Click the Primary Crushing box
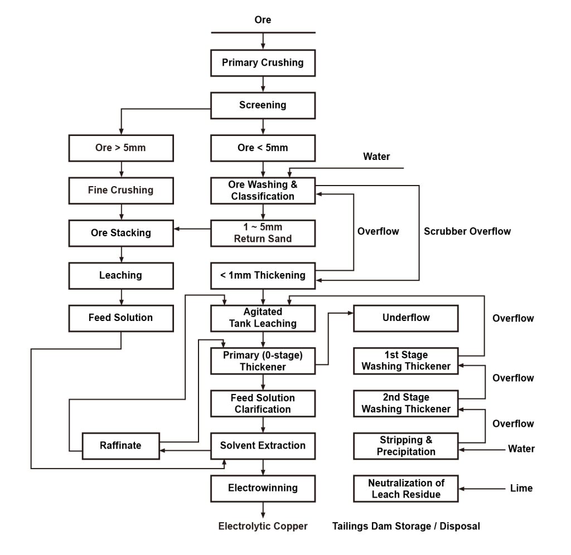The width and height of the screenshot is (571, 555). pyautogui.click(x=263, y=62)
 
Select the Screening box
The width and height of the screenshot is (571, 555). pyautogui.click(x=263, y=105)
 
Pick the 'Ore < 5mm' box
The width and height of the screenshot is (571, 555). pyautogui.click(x=263, y=148)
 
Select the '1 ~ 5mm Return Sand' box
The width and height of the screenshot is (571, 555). pyautogui.click(x=263, y=233)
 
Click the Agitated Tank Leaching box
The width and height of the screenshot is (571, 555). pyautogui.click(x=263, y=318)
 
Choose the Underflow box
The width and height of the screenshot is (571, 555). pyautogui.click(x=406, y=318)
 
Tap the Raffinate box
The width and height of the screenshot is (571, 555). pyautogui.click(x=120, y=445)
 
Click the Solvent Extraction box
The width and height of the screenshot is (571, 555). pyautogui.click(x=263, y=445)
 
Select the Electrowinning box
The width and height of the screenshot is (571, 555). pyautogui.click(x=263, y=488)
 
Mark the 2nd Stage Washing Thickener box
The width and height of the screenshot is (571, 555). pyautogui.click(x=406, y=403)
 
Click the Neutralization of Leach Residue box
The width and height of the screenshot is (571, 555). pyautogui.click(x=406, y=489)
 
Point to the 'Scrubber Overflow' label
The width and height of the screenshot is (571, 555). pyautogui.click(x=467, y=231)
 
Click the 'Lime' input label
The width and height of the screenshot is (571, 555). pyautogui.click(x=521, y=488)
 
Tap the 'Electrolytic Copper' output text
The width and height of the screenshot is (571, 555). pyautogui.click(x=263, y=526)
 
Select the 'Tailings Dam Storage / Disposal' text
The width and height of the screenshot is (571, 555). pyautogui.click(x=406, y=526)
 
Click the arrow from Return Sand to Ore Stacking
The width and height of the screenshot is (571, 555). pyautogui.click(x=192, y=228)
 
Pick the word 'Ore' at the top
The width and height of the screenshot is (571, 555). pyautogui.click(x=263, y=20)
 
